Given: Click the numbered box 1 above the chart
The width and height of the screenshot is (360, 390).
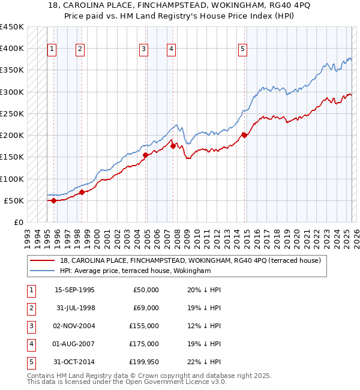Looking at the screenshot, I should click(52, 50).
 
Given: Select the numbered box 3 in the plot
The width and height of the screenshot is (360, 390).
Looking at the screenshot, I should click(144, 50).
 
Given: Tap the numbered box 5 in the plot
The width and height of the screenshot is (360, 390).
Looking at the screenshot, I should click(242, 50).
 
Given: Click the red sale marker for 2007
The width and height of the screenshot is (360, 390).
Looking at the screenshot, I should click(173, 146).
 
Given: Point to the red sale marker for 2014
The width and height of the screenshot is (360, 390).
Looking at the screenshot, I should click(244, 135).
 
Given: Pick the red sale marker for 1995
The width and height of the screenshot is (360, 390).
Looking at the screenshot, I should click(54, 200).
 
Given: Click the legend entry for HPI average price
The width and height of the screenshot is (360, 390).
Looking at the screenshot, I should click(135, 271).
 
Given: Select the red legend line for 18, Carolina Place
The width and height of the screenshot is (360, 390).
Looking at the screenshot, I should click(43, 260).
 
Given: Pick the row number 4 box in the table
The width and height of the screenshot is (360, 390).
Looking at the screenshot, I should click(31, 344).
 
